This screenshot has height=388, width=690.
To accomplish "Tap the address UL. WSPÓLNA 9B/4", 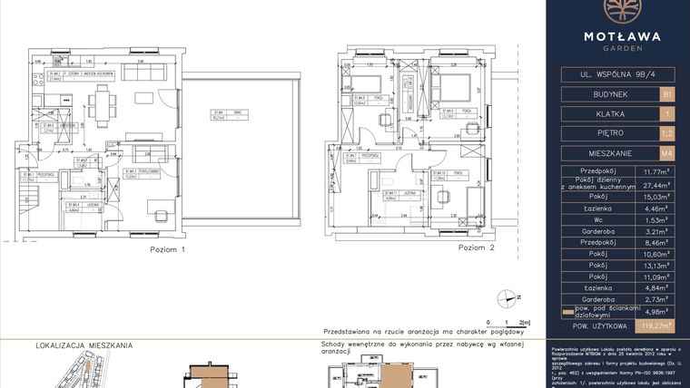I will tap(616, 73).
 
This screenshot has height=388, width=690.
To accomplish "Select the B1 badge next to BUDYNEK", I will tap(667, 93).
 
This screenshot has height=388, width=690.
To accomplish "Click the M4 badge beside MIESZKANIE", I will tap(667, 153).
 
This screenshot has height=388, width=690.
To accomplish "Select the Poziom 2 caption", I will tap(477, 247).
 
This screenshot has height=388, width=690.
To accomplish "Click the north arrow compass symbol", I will tap(508, 296).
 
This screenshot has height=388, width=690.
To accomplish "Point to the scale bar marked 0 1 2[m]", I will tap(507, 322).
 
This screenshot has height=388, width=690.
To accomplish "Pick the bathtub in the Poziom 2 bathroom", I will tap(371, 200).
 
